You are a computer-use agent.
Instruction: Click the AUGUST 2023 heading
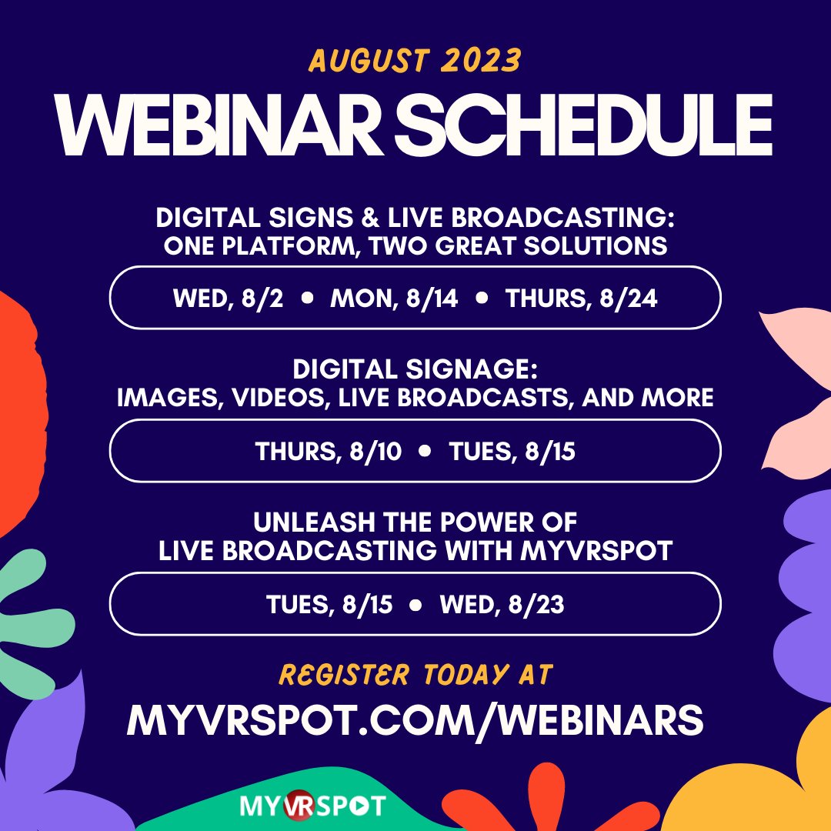(415, 58)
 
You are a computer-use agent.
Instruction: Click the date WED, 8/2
(228, 299)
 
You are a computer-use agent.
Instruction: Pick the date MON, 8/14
(394, 299)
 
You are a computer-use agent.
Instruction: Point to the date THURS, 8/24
(581, 299)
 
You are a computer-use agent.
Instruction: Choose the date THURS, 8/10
(329, 452)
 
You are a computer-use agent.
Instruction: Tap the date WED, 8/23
(502, 605)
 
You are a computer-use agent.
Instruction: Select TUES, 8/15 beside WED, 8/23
(329, 605)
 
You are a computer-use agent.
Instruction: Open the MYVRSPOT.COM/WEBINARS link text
(415, 720)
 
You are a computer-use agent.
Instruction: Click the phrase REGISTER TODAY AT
(415, 675)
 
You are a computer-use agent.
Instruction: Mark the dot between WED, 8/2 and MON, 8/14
(307, 299)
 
